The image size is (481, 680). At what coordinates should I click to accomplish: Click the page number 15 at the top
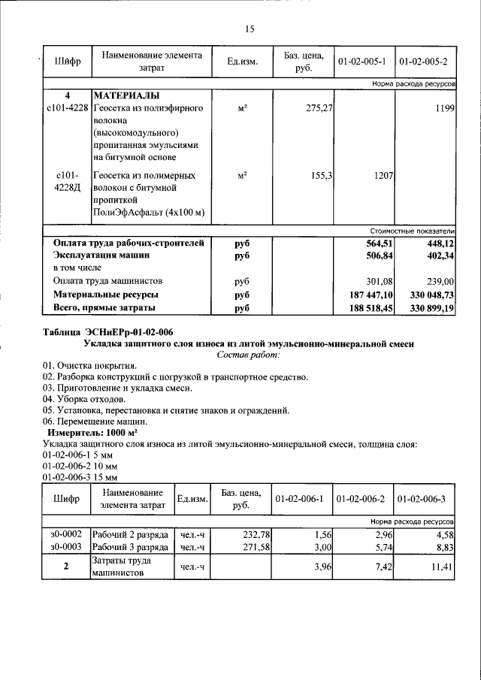click(250, 29)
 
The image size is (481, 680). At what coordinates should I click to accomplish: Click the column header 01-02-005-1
click(363, 61)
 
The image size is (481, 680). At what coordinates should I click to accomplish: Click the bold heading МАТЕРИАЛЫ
click(126, 97)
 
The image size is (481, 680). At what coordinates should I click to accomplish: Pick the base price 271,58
click(253, 548)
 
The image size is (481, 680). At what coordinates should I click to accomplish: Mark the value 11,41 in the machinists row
click(440, 568)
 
